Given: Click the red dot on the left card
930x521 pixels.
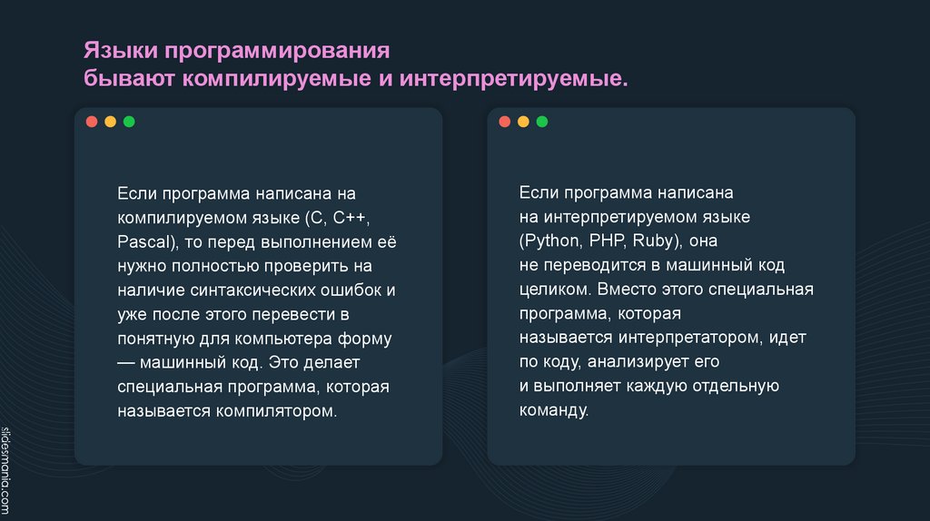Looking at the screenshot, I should click(92, 121).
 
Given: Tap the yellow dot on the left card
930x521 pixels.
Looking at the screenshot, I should click(110, 121).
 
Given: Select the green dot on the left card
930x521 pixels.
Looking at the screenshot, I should click(129, 121).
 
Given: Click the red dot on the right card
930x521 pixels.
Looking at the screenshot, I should click(505, 121).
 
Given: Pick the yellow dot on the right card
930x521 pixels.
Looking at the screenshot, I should click(523, 121).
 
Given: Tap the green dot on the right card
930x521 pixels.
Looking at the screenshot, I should click(542, 121).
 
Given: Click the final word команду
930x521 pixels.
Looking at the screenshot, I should click(554, 410).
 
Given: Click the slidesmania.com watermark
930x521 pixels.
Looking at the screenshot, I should click(7, 471).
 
